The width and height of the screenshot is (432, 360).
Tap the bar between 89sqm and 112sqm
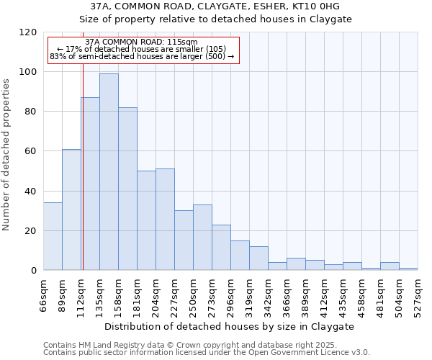[x=71, y=210]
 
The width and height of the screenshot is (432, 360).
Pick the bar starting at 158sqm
[x=127, y=189]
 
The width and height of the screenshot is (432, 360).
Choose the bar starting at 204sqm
[x=165, y=220]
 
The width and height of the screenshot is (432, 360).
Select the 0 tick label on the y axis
[x=33, y=271]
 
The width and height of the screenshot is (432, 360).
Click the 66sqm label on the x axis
[x=43, y=295]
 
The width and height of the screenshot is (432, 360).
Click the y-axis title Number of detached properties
[x=6, y=155]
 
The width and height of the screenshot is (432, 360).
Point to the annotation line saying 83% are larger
[x=142, y=56]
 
